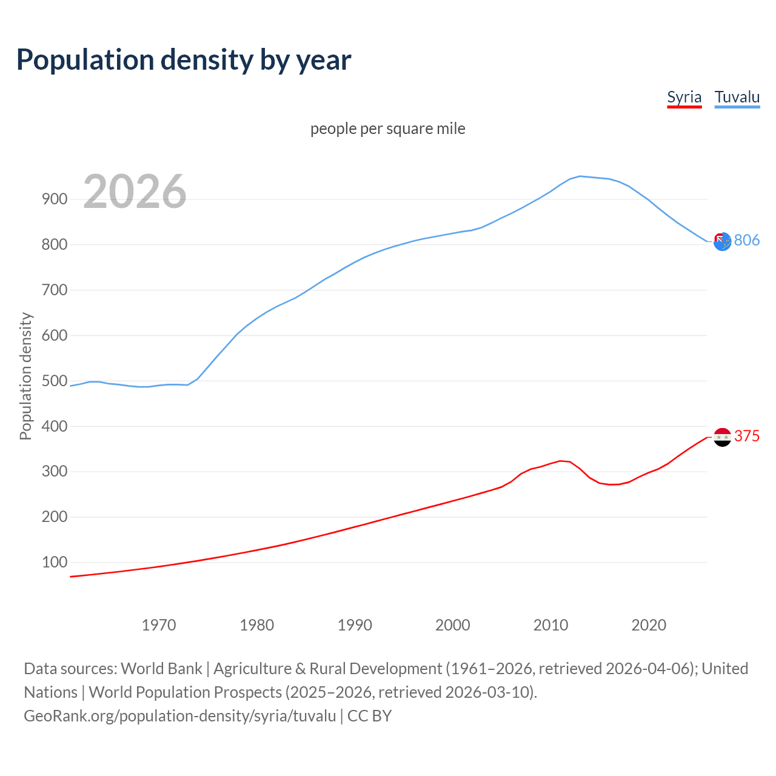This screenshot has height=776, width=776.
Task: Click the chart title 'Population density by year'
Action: point(184,60)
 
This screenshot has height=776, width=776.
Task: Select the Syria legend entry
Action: point(684,97)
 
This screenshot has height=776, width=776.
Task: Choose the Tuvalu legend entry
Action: point(737,97)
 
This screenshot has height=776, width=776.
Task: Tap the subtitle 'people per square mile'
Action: point(387,129)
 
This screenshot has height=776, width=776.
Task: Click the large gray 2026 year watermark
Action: point(135,192)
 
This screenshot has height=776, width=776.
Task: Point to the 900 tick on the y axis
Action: point(55,199)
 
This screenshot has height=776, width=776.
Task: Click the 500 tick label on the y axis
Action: point(55,381)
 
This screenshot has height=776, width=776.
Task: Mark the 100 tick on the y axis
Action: point(55,562)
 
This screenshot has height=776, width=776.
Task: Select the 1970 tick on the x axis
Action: point(159,625)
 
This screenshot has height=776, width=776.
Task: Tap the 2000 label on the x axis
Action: point(452,625)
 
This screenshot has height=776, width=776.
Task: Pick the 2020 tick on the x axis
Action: point(649,625)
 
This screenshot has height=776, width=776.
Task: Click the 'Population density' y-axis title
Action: point(25,376)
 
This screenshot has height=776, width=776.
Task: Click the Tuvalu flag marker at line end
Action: point(722,242)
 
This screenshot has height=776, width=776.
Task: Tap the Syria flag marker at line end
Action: point(722,436)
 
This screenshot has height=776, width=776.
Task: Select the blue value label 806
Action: point(747,240)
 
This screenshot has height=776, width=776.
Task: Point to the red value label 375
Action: point(747,436)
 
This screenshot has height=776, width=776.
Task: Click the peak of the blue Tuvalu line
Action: point(580,176)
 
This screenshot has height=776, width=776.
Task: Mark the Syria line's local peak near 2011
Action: point(561,461)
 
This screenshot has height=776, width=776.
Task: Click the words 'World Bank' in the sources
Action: point(161,668)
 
